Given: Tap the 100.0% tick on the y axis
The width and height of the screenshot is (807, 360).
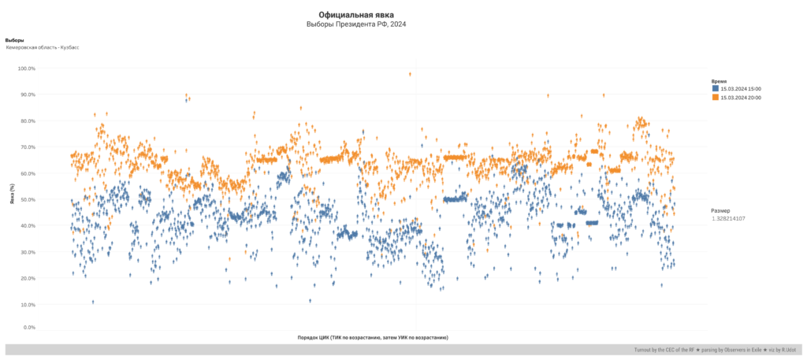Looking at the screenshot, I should pyautogui.click(x=27, y=69).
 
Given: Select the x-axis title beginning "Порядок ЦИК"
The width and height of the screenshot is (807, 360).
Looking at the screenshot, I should pyautogui.click(x=373, y=337).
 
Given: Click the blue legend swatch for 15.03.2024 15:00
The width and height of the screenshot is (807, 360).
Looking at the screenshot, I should pyautogui.click(x=715, y=89).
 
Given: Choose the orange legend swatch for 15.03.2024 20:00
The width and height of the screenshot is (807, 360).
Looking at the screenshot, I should pyautogui.click(x=715, y=97).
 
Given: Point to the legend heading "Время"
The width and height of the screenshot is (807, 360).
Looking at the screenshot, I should pyautogui.click(x=719, y=81).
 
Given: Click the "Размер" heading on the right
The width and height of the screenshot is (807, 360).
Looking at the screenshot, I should pyautogui.click(x=720, y=210).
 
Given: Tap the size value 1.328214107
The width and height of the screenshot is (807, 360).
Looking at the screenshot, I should pyautogui.click(x=728, y=218).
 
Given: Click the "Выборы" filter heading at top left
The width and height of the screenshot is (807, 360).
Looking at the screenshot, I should pyautogui.click(x=14, y=39).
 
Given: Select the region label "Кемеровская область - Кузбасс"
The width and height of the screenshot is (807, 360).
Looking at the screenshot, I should pyautogui.click(x=43, y=47).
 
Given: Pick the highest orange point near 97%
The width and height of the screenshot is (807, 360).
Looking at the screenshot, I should pyautogui.click(x=410, y=74).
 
